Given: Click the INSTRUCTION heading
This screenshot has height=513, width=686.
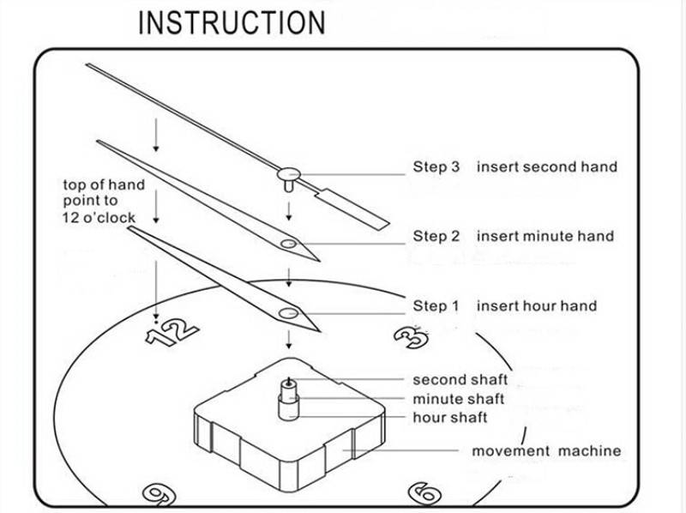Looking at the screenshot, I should (232, 22).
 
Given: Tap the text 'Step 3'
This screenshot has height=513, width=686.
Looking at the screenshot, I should (442, 166).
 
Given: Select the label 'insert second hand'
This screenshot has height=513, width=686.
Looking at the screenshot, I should (547, 166).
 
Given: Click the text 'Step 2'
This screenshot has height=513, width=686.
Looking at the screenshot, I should (442, 236).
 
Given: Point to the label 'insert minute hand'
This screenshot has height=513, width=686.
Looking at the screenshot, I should (545, 236).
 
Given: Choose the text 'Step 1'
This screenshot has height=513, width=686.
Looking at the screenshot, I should (442, 306).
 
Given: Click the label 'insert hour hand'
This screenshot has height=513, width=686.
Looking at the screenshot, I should (537, 306).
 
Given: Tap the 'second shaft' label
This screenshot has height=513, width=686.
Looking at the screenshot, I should (460, 379).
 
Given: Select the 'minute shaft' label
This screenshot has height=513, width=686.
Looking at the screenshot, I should (459, 399).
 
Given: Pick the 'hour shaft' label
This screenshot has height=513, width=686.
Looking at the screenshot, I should (450, 418).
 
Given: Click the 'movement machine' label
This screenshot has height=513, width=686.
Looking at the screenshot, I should (546, 451).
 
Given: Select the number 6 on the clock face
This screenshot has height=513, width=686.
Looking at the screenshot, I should (426, 494).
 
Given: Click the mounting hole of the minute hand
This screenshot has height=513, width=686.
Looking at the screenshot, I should (288, 244).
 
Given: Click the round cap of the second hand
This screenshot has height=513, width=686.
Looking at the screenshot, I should (289, 174).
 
